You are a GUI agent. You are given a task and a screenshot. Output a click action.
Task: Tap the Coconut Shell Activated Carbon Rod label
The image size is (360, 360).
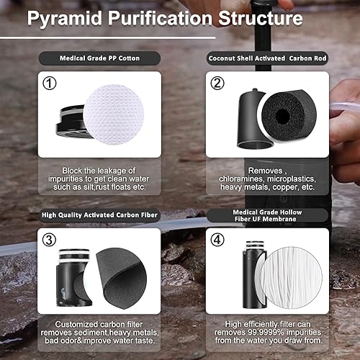coord(268,58)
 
